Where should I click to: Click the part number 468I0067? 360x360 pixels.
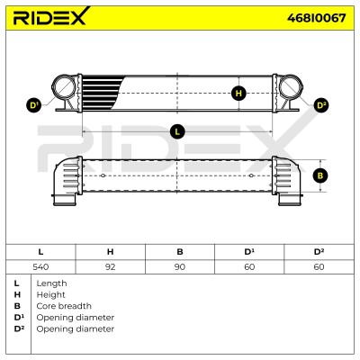point(316,18)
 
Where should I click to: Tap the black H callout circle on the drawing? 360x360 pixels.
point(238,94)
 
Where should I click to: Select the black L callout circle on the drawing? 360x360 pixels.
point(177,131)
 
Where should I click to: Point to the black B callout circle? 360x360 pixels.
point(320,175)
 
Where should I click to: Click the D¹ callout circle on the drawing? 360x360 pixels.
point(34,105)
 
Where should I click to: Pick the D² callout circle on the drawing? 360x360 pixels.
point(321,105)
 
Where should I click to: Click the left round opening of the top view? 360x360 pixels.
point(63,87)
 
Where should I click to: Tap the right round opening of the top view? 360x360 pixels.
point(291,87)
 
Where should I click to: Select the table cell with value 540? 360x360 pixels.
point(40,266)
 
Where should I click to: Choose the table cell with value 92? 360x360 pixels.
point(111,266)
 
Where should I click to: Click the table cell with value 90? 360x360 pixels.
point(180,266)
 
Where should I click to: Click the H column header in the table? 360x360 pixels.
point(111,252)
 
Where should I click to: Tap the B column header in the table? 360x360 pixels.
point(180,252)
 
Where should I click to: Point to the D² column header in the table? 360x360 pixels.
point(319,252)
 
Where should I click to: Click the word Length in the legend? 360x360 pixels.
point(51,283)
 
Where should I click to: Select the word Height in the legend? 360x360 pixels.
point(50,294)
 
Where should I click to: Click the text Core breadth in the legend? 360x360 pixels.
point(64,306)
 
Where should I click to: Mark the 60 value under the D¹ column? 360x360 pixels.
point(249,266)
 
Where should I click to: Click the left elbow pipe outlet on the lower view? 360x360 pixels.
point(65,200)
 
